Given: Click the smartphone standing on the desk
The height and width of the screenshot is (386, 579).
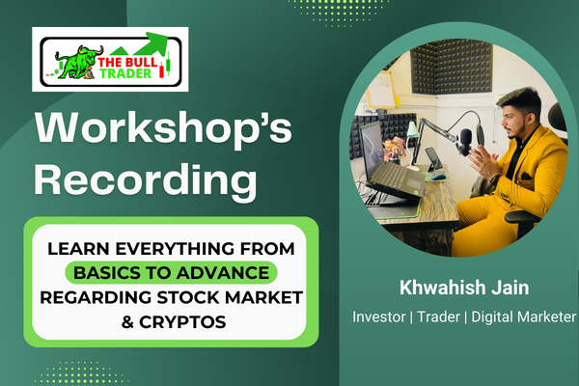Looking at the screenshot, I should (x=433, y=156).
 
